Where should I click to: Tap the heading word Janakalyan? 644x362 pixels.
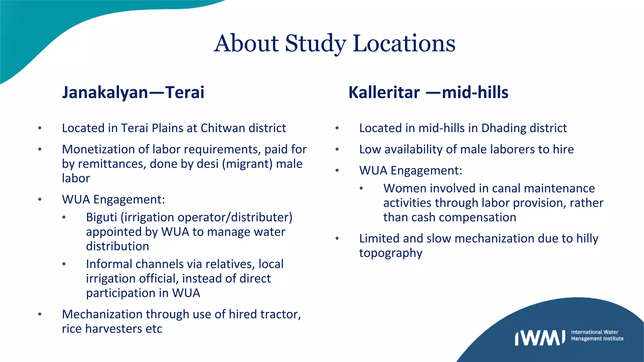[x=105, y=92]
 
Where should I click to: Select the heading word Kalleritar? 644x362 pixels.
[x=384, y=92]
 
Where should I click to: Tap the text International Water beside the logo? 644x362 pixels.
[x=594, y=332]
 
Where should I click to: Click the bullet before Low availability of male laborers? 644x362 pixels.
[x=337, y=150]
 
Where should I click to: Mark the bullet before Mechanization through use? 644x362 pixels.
[x=40, y=314]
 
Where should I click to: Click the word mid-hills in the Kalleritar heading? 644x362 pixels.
[x=475, y=92]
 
